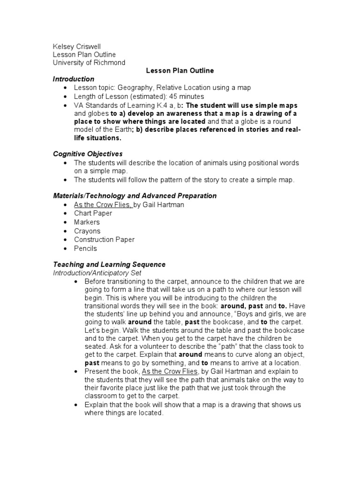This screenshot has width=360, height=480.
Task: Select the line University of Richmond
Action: click(x=89, y=62)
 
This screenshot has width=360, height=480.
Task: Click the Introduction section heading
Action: click(x=73, y=79)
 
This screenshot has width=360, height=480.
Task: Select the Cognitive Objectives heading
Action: click(x=88, y=154)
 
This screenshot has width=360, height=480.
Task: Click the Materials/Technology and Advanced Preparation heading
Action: click(x=135, y=196)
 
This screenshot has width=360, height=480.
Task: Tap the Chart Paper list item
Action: click(x=93, y=214)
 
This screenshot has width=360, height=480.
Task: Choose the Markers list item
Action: click(x=87, y=222)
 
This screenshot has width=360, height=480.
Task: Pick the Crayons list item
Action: click(x=87, y=231)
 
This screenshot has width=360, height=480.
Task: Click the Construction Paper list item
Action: click(x=104, y=240)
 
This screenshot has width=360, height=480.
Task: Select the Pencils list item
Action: click(x=85, y=248)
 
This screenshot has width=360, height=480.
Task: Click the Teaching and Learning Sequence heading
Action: click(x=109, y=265)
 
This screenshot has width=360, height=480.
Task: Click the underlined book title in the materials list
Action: click(x=103, y=205)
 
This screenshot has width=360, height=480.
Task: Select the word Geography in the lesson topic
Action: click(x=135, y=88)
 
